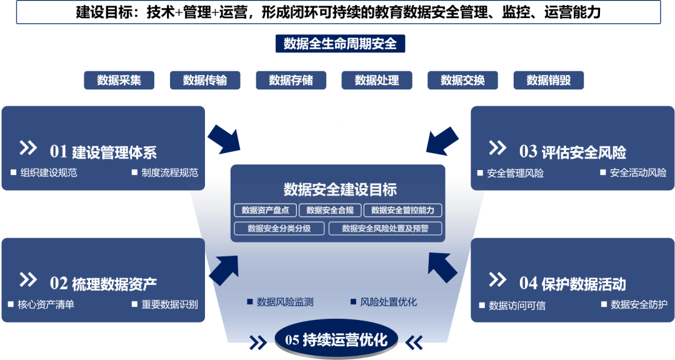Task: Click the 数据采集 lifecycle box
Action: (119, 80)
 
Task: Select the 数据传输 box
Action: (205, 80)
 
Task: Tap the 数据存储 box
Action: (291, 80)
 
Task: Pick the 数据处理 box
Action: (377, 80)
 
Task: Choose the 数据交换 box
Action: (462, 80)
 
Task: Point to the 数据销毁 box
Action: (548, 80)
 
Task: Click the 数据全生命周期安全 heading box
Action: (340, 44)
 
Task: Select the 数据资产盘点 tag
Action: (266, 210)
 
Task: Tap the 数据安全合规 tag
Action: (330, 210)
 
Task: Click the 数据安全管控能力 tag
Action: (402, 210)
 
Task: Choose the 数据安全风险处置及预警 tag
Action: (385, 228)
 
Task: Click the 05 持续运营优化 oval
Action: (336, 340)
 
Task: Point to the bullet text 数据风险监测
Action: (285, 302)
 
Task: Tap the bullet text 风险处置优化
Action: (388, 302)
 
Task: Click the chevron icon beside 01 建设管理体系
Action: (28, 148)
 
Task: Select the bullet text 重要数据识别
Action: (169, 304)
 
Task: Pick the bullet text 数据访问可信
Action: (517, 306)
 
